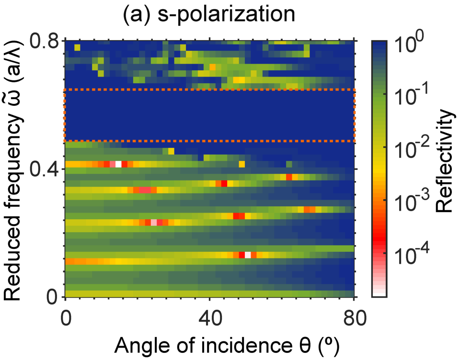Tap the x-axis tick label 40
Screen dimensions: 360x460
pyautogui.click(x=209, y=317)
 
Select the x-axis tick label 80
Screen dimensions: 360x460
pyautogui.click(x=354, y=317)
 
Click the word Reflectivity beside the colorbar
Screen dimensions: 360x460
pyautogui.click(x=445, y=160)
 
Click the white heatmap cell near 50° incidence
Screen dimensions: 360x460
pyautogui.click(x=247, y=255)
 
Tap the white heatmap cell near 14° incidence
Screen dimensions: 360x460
pyautogui.click(x=118, y=164)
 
